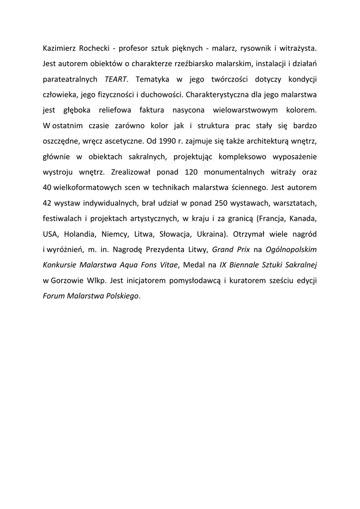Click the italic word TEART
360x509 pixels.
point(116,79)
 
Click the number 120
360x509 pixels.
point(194,171)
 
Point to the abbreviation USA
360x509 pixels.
point(50,233)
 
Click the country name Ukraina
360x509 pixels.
point(210,233)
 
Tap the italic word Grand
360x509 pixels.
point(224,248)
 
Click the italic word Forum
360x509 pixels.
point(54,295)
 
